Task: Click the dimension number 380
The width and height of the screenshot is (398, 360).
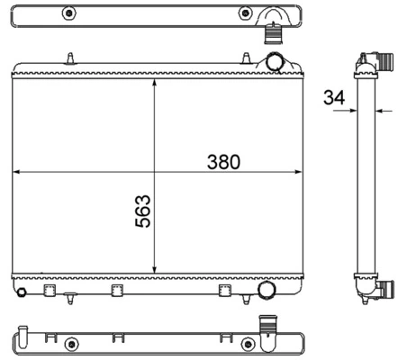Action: pyautogui.click(x=224, y=162)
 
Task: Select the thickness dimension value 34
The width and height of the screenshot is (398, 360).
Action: pyautogui.click(x=332, y=97)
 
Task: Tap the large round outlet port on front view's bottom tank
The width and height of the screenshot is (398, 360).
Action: pyautogui.click(x=267, y=290)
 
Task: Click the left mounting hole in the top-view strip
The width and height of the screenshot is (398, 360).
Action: pyautogui.click(x=68, y=14)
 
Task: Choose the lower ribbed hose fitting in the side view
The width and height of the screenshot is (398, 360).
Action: pyautogui.click(x=384, y=289)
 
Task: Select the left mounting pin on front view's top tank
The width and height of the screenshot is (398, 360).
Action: pyautogui.click(x=69, y=58)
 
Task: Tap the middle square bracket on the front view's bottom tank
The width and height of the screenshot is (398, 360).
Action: pyautogui.click(x=116, y=291)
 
